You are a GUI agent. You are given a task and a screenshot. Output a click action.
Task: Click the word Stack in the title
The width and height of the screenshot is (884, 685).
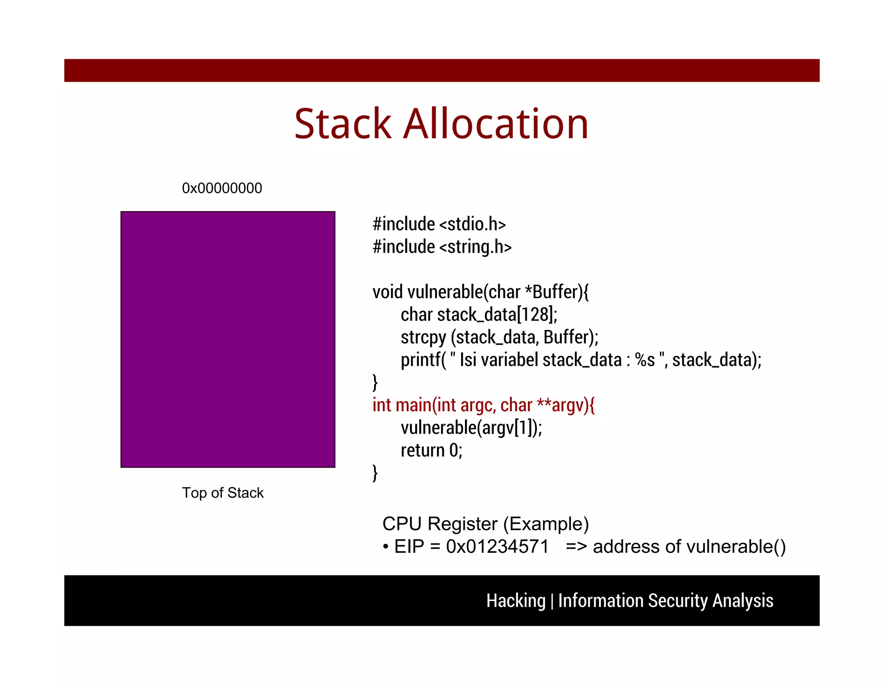[x=343, y=124]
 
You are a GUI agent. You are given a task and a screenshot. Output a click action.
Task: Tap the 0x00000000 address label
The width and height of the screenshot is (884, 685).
[x=222, y=188]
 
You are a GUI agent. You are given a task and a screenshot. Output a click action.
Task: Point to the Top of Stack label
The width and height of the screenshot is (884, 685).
[x=223, y=493]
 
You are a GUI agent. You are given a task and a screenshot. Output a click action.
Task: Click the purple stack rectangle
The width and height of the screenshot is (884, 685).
[x=228, y=339]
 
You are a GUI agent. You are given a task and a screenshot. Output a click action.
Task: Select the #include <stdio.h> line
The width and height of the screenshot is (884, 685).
[x=439, y=224]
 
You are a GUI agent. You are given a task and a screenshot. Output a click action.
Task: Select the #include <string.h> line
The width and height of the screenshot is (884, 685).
[x=442, y=247]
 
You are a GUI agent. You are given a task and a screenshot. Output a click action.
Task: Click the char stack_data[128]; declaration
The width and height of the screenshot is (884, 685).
[x=479, y=314]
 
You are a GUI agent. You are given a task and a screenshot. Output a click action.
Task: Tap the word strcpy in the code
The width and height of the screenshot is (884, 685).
[x=423, y=337]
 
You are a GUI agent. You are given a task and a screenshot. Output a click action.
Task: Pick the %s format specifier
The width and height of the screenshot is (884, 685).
[x=645, y=360]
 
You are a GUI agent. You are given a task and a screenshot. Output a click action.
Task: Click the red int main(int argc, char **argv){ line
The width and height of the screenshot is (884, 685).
[x=483, y=405]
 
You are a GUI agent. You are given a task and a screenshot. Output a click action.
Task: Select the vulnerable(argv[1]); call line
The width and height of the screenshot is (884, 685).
[x=471, y=428]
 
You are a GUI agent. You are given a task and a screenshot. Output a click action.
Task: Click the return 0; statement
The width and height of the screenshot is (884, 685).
[x=431, y=450]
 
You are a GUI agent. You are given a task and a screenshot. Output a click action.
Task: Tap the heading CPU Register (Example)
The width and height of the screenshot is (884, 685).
[x=485, y=524]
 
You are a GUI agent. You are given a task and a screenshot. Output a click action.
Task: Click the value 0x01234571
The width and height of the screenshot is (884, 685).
[x=497, y=547]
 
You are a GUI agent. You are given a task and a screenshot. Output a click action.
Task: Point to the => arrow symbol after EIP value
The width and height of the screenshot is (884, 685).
[x=576, y=547]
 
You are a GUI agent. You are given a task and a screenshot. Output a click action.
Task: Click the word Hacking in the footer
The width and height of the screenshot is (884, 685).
[x=516, y=601]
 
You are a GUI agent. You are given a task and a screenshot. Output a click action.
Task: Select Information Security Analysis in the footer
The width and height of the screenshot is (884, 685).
[x=665, y=601]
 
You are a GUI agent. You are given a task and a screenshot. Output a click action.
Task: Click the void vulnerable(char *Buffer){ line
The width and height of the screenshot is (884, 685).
[x=480, y=292]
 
